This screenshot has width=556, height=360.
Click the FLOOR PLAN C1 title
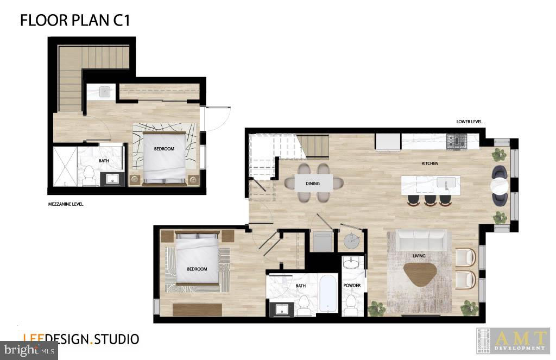click(x=75, y=20)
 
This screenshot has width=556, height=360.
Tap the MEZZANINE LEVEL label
click(x=66, y=204)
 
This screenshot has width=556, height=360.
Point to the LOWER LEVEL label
click(x=469, y=122)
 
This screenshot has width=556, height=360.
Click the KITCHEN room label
click(x=430, y=163)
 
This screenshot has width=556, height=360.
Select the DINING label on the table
click(x=313, y=184)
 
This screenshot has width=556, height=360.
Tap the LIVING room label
click(x=419, y=256)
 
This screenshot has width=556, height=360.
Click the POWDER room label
click(x=352, y=286)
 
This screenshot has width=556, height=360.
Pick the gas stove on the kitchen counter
click(x=457, y=141)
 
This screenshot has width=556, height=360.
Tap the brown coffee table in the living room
click(x=420, y=274)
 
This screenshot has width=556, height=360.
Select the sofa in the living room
click(x=421, y=240)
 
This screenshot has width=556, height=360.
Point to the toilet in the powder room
click(x=352, y=306)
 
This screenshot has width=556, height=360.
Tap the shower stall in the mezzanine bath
click(x=65, y=167)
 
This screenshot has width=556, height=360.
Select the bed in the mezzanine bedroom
click(x=164, y=158)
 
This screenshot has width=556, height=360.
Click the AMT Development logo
click(x=513, y=341)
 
